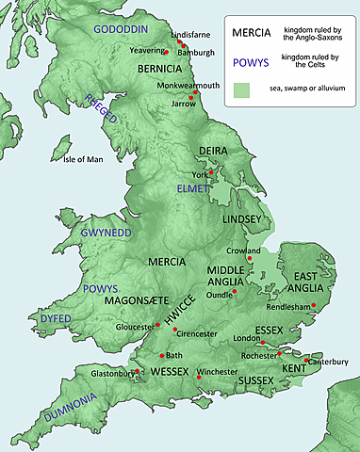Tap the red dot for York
(x=212, y=173)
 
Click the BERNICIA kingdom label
(x=160, y=71)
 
